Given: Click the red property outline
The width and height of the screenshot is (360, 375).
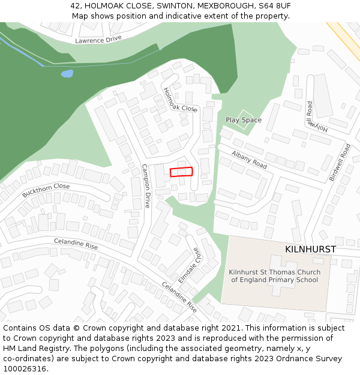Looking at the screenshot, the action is pyautogui.click(x=181, y=172).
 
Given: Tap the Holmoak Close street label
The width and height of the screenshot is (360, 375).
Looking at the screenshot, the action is pyautogui.click(x=180, y=100).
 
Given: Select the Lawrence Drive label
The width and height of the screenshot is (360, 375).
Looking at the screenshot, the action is pyautogui.click(x=98, y=40).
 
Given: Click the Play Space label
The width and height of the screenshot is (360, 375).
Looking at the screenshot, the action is pyautogui.click(x=244, y=120).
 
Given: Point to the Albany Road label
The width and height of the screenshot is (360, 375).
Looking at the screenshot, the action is pyautogui.click(x=249, y=160).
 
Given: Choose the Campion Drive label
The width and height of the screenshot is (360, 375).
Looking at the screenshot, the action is pyautogui.click(x=145, y=186).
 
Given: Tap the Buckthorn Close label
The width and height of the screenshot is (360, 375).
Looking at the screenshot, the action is pyautogui.click(x=46, y=191).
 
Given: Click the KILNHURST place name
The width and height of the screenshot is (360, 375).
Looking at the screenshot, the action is pyautogui.click(x=310, y=249).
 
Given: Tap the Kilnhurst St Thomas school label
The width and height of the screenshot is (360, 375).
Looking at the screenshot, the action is pyautogui.click(x=275, y=276).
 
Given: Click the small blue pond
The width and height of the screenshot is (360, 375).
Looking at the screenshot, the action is pyautogui.click(x=67, y=74).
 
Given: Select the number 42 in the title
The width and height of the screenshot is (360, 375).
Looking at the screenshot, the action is pyautogui.click(x=75, y=5).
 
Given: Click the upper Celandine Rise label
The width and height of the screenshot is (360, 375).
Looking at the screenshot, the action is pyautogui.click(x=76, y=244).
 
